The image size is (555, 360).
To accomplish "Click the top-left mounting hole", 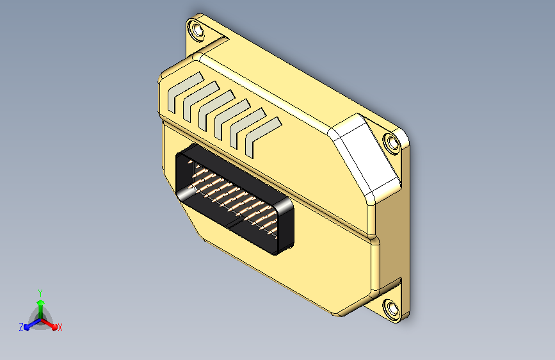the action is click(x=197, y=29).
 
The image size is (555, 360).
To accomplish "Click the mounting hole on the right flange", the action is click(x=392, y=143).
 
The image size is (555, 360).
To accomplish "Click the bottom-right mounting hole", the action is click(x=391, y=308).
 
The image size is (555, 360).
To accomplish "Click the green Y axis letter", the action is click(x=40, y=293).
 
